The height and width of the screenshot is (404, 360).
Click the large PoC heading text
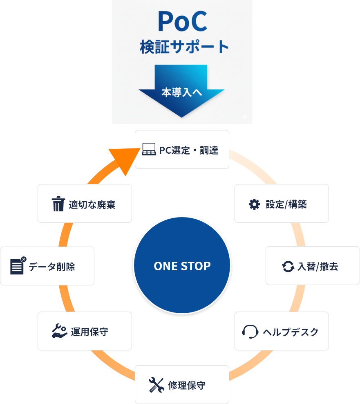click(x=182, y=22)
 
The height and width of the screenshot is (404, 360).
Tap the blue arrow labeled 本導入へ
click(x=182, y=92)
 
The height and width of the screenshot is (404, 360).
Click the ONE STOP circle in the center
click(x=182, y=266)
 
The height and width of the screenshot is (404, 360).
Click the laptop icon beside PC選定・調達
click(x=149, y=150)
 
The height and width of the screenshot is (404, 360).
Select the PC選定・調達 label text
click(x=189, y=150)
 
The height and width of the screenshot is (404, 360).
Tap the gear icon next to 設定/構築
click(x=254, y=204)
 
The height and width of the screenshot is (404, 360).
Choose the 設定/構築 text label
click(x=286, y=204)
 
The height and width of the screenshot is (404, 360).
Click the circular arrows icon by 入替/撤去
click(x=288, y=267)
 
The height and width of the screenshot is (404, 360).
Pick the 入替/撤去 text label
click(x=318, y=267)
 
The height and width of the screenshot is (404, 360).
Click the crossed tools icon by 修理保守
click(x=156, y=385)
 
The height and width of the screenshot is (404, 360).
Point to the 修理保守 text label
click(x=187, y=385)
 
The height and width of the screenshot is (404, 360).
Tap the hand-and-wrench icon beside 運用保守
click(x=60, y=331)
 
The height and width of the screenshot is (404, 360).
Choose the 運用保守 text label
click(x=89, y=332)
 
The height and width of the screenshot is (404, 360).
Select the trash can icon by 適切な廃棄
click(x=58, y=204)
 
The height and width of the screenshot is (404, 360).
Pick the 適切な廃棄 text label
click(x=92, y=204)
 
